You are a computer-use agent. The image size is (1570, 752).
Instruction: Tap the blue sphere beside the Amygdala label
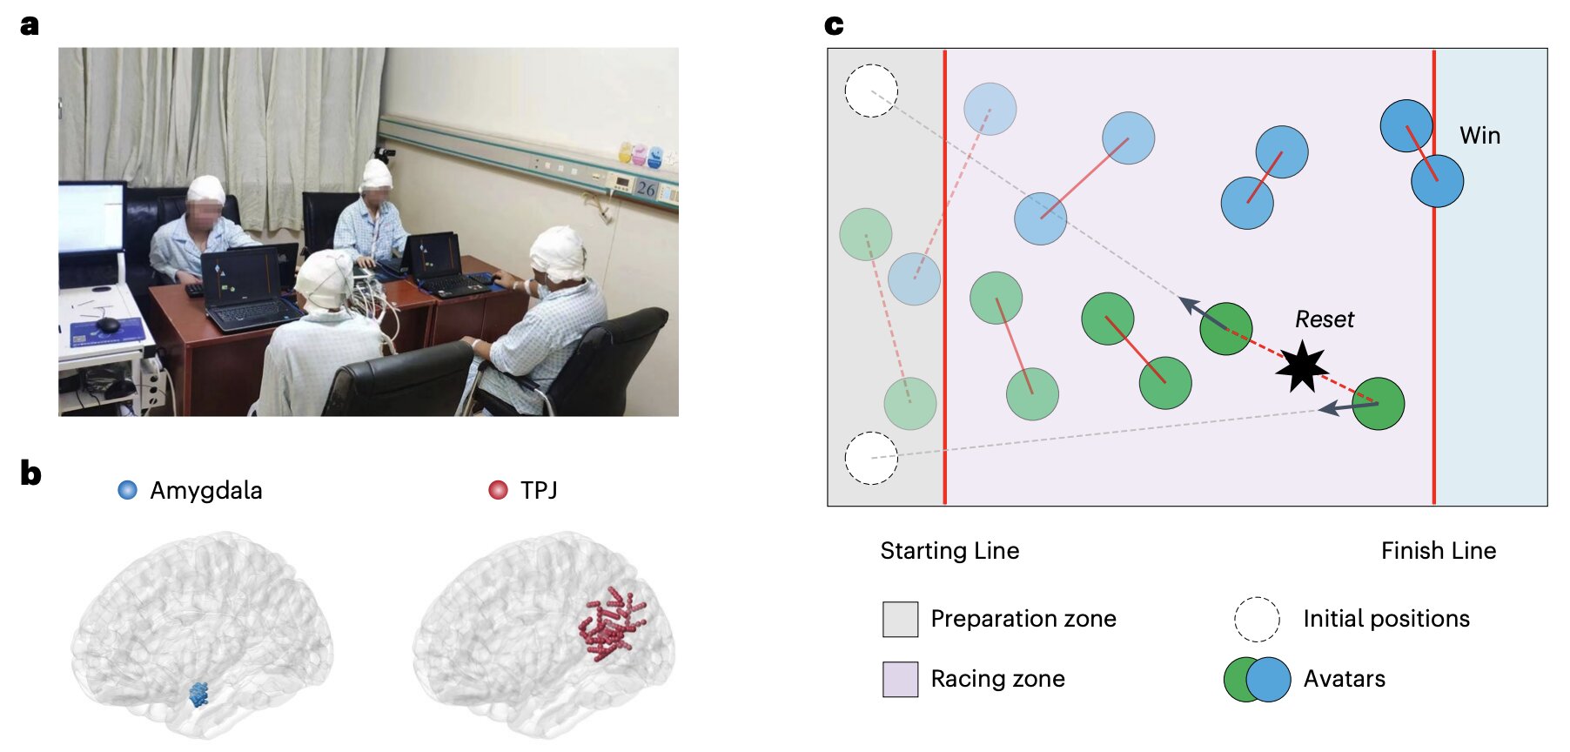(x=127, y=490)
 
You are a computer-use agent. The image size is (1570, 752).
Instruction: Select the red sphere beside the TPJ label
(x=498, y=490)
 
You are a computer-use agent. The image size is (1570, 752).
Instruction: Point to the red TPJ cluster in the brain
(x=613, y=622)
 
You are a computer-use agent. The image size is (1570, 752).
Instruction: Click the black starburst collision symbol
(x=1302, y=366)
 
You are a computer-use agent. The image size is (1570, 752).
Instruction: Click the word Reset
(x=1325, y=319)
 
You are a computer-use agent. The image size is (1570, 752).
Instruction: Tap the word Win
(x=1479, y=136)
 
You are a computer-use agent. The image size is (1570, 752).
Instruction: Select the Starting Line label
(x=949, y=551)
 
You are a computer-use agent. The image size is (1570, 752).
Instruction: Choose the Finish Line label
(x=1439, y=551)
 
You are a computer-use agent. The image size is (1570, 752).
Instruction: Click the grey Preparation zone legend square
(x=900, y=619)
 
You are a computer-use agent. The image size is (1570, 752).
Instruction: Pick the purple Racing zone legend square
(x=900, y=679)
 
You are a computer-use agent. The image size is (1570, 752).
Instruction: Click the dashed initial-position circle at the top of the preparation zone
(x=871, y=91)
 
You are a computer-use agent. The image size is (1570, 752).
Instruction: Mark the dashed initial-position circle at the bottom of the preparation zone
(x=871, y=458)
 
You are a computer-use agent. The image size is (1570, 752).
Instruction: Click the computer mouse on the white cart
(x=108, y=325)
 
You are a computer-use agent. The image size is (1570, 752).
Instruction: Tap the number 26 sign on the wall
(x=646, y=188)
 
